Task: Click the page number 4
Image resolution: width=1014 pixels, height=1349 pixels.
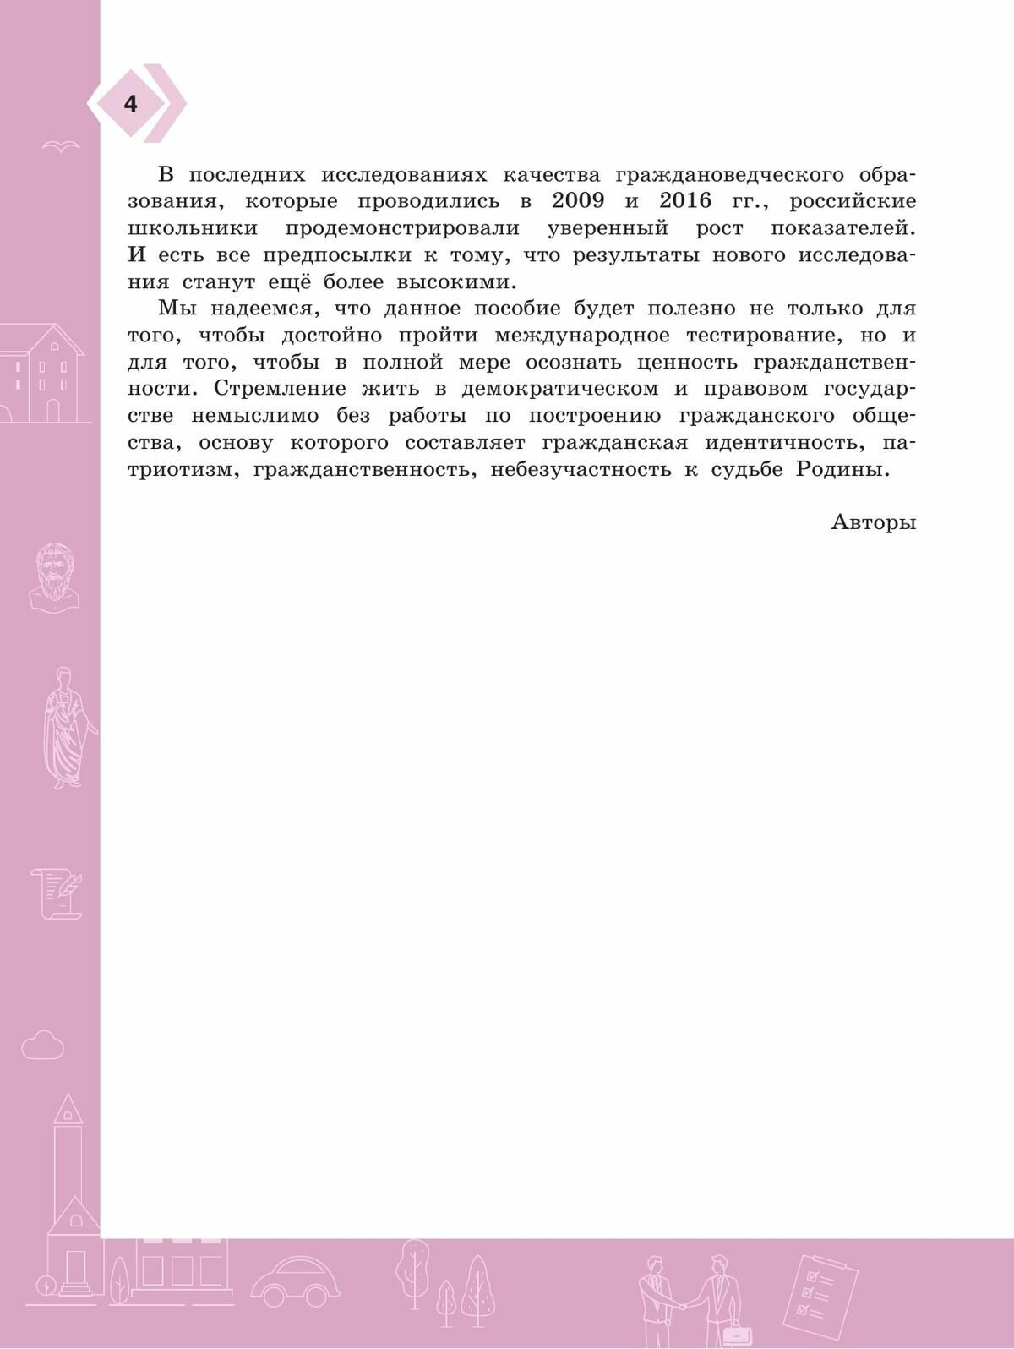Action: point(130,104)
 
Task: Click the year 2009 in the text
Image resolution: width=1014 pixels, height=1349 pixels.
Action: point(577,201)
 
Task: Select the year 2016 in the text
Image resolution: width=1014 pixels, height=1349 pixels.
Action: point(685,201)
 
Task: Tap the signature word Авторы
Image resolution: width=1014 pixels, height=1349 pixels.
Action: point(874,522)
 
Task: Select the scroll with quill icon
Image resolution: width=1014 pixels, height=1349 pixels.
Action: point(57,893)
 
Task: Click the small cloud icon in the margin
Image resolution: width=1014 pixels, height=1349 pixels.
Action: point(42,1046)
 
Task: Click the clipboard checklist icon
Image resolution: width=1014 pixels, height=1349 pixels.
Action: point(819,1290)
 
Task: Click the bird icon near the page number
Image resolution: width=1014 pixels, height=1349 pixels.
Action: point(61,145)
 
